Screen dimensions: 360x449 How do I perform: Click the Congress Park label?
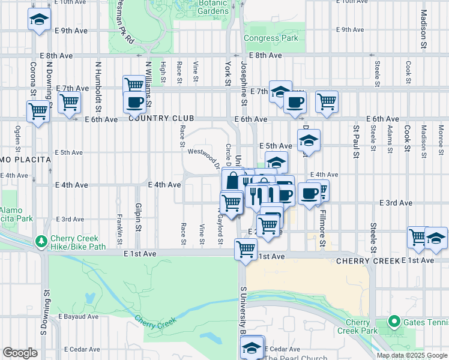271,38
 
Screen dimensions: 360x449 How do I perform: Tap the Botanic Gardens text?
212,7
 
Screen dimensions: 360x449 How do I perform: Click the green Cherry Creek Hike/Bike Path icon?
41,241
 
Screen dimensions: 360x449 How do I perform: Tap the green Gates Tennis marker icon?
394,322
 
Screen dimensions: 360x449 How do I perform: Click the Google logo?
20,353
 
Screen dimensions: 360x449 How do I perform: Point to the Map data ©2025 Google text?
412,355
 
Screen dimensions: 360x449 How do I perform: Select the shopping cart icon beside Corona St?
38,110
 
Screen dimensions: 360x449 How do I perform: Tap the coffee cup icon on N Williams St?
134,102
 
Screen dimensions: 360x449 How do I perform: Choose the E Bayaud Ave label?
78,316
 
